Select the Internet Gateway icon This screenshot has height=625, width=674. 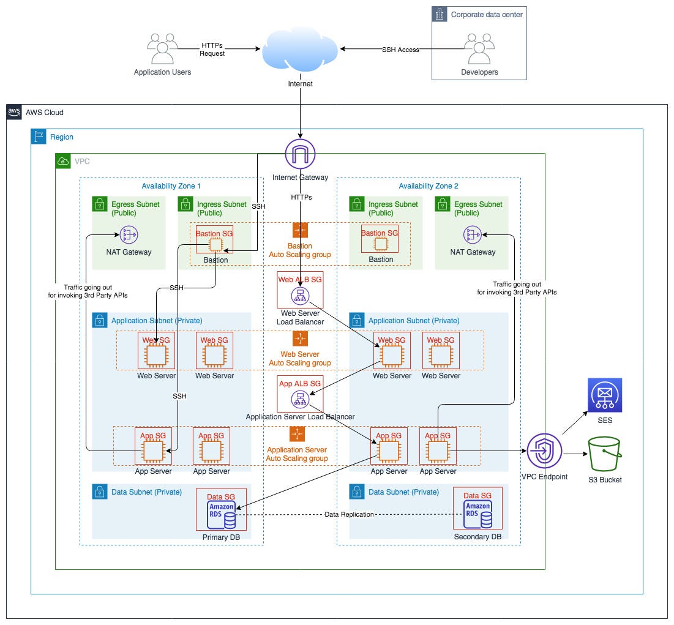tap(300, 154)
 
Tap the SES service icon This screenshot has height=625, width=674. tap(604, 395)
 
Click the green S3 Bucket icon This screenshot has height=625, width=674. tap(604, 454)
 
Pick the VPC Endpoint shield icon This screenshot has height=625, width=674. tap(543, 452)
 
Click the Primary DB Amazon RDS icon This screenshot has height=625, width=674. tap(221, 514)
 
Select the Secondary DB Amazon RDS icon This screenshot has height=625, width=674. tap(478, 514)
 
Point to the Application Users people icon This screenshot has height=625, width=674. tap(162, 48)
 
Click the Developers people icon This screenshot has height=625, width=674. tap(479, 48)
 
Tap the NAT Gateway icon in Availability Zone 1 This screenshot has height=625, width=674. tap(129, 234)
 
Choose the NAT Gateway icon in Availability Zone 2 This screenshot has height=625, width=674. tap(472, 234)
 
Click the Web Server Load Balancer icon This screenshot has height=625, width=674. tap(300, 296)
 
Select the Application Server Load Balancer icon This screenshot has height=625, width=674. tap(300, 400)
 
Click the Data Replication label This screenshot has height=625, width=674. tap(349, 514)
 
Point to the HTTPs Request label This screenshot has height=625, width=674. tap(212, 49)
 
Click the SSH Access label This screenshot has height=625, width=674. tap(400, 50)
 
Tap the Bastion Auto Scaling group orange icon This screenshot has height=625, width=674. tap(300, 230)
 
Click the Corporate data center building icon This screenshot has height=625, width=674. tap(440, 15)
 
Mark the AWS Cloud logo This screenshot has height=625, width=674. tap(14, 112)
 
